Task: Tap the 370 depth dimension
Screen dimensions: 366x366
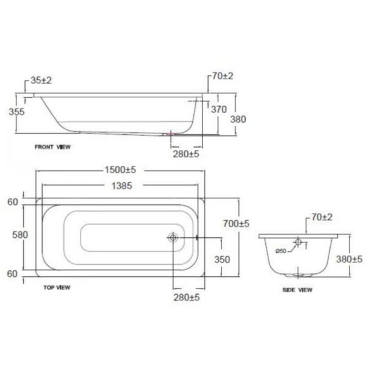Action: pyautogui.click(x=218, y=109)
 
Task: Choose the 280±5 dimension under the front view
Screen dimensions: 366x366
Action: pyautogui.click(x=185, y=154)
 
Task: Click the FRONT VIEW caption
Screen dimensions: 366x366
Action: pyautogui.click(x=53, y=148)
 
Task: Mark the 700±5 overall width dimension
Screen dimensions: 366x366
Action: pyautogui.click(x=235, y=224)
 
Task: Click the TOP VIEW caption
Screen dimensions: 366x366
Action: pyautogui.click(x=58, y=286)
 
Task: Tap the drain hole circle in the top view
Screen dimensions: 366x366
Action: pyautogui.click(x=173, y=238)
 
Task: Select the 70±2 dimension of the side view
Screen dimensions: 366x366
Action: pyautogui.click(x=321, y=217)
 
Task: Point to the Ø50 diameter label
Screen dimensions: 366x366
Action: pyautogui.click(x=281, y=250)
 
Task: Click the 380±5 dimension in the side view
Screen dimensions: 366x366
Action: pyautogui.click(x=349, y=259)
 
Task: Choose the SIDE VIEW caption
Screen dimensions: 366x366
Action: pyautogui.click(x=298, y=290)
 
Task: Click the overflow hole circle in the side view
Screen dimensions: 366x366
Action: pyautogui.click(x=297, y=243)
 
